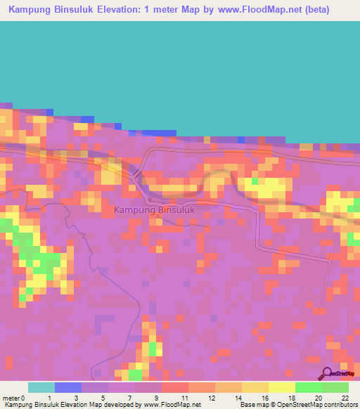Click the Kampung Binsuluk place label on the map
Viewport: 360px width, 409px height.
(x=153, y=209)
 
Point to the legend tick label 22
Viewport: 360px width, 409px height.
(x=345, y=397)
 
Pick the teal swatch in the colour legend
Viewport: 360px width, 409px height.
(x=41, y=387)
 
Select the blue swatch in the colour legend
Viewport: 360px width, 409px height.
(x=67, y=387)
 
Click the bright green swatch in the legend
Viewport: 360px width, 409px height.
(x=308, y=387)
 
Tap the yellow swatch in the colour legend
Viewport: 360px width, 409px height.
(x=281, y=387)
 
